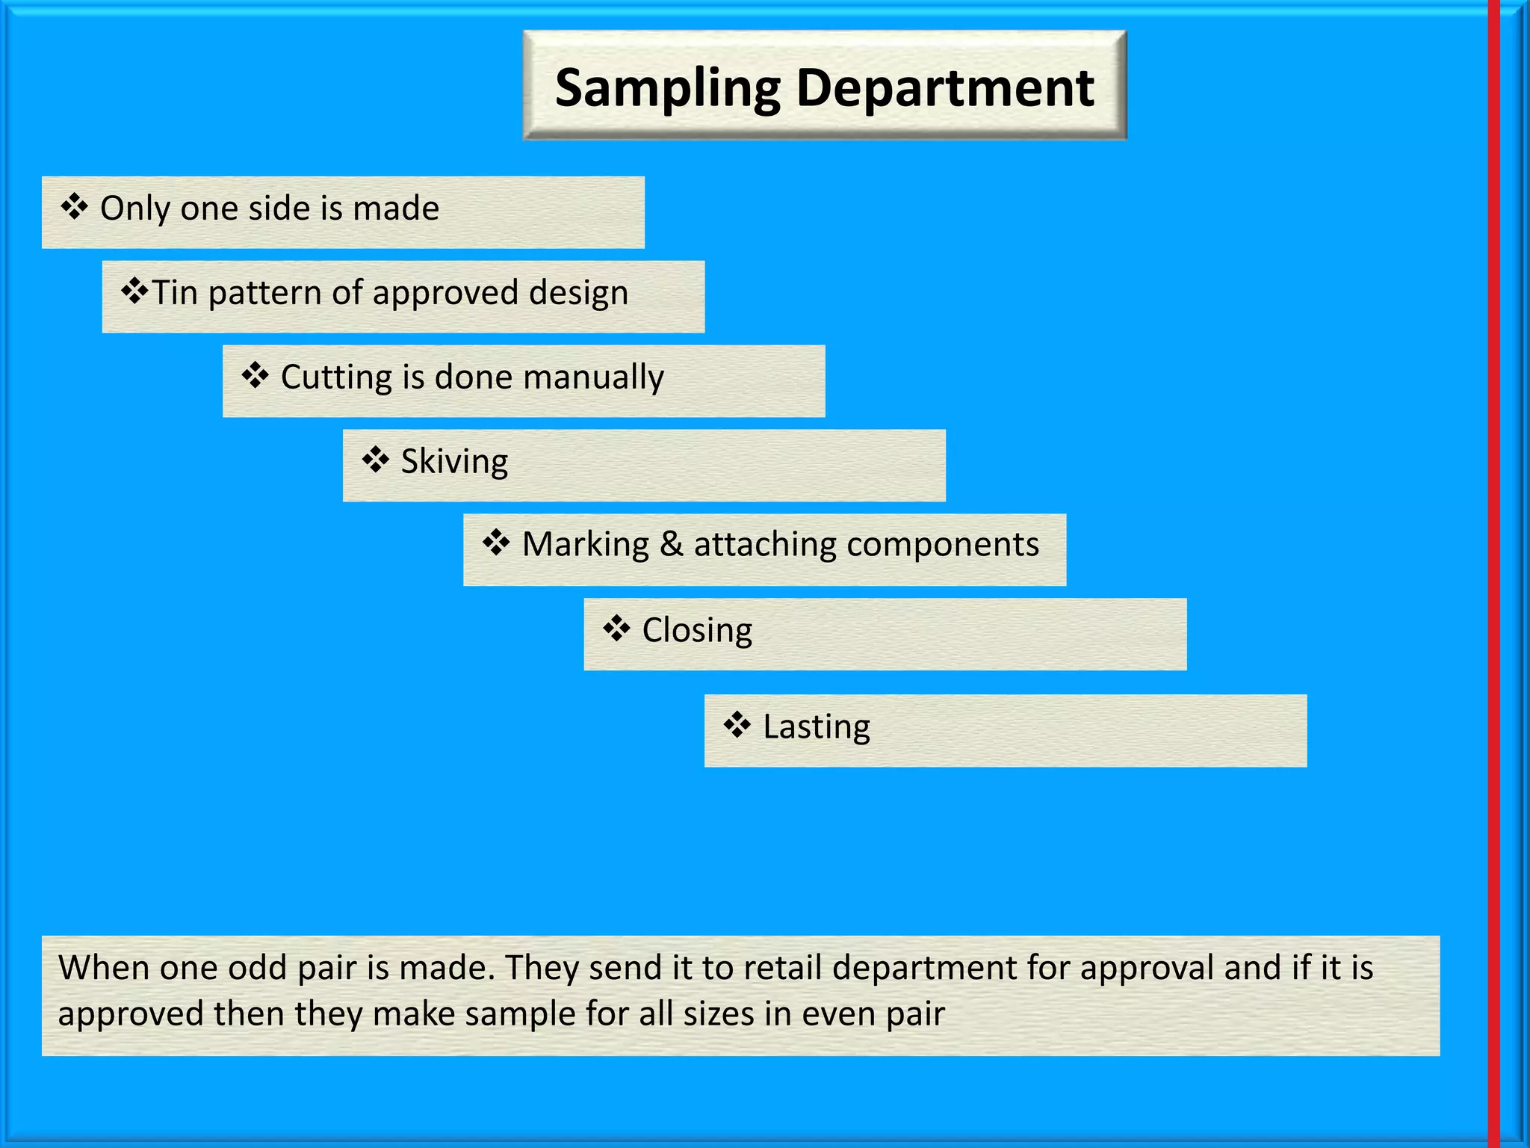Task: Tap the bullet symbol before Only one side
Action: tap(75, 207)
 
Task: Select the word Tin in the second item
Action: tap(175, 292)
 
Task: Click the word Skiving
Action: tap(454, 462)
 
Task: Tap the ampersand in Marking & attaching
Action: tap(671, 544)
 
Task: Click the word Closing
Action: tap(697, 631)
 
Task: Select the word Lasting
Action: tap(817, 727)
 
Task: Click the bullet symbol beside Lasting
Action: tap(737, 724)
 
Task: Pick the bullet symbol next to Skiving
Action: tap(375, 460)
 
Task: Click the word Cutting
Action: tap(335, 377)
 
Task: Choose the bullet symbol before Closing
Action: tap(616, 629)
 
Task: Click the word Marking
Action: tap(585, 545)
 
